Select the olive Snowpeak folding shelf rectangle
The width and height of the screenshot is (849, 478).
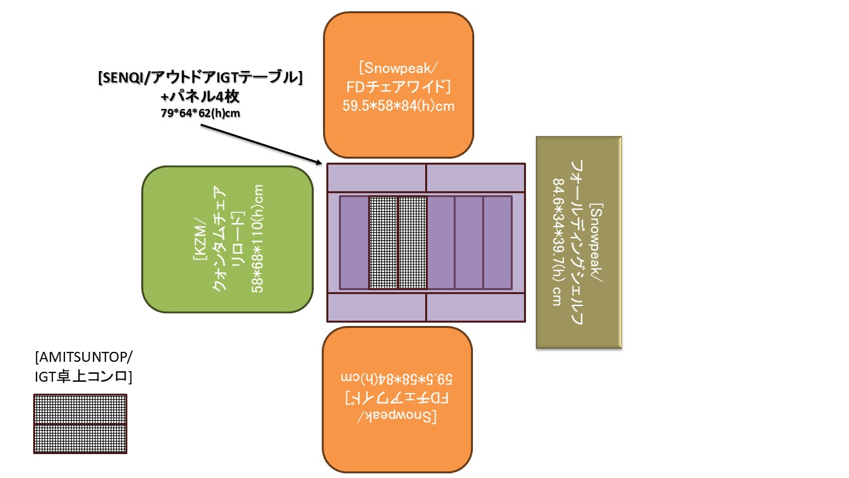coord(578,242)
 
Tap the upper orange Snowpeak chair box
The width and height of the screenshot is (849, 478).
coord(398,85)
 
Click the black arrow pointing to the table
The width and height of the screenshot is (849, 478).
coord(259,143)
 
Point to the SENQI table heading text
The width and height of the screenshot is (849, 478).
coord(200,78)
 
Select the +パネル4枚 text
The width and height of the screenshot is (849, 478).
coord(200,96)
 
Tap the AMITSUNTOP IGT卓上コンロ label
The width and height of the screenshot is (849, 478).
coord(84,367)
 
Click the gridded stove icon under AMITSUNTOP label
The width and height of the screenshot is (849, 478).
coord(80,424)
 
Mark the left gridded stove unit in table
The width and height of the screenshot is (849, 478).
coord(383,242)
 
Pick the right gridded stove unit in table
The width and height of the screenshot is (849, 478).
coord(412,242)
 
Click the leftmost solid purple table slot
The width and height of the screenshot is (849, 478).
coord(354,242)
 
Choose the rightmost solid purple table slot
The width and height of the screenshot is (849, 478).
coord(497,242)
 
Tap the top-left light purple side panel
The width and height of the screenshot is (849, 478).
coord(377,178)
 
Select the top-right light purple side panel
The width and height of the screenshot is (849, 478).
coord(475,178)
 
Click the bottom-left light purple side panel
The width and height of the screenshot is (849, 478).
coord(377,307)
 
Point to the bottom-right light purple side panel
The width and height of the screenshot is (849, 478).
coord(475,307)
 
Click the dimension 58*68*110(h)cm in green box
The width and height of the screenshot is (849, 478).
coord(259,239)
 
